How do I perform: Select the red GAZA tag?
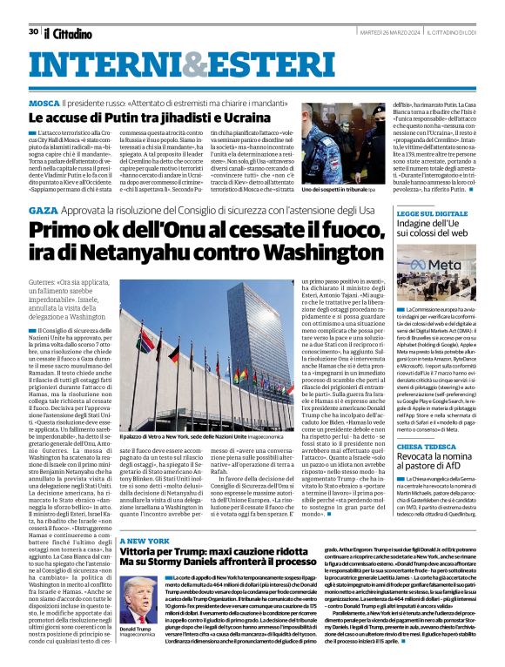pos(41,211)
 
